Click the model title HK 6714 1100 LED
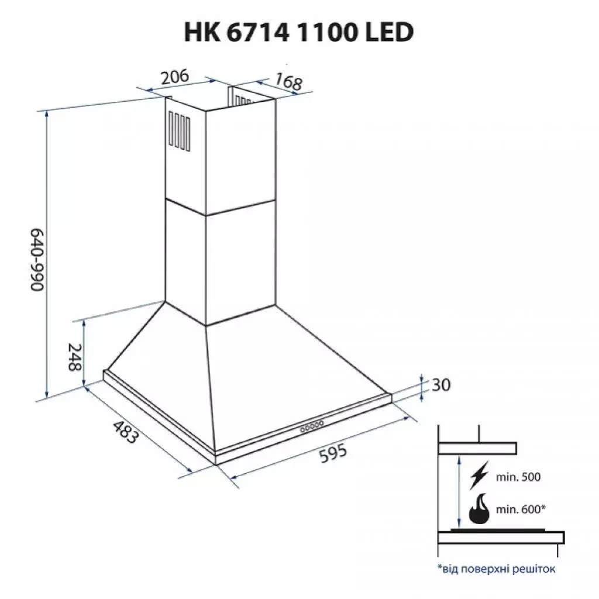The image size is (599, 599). pyautogui.click(x=299, y=33)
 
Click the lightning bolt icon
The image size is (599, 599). pyautogui.click(x=479, y=477)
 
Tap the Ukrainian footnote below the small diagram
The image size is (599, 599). pyautogui.click(x=495, y=568)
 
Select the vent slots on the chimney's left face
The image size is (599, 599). pyautogui.click(x=179, y=130)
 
